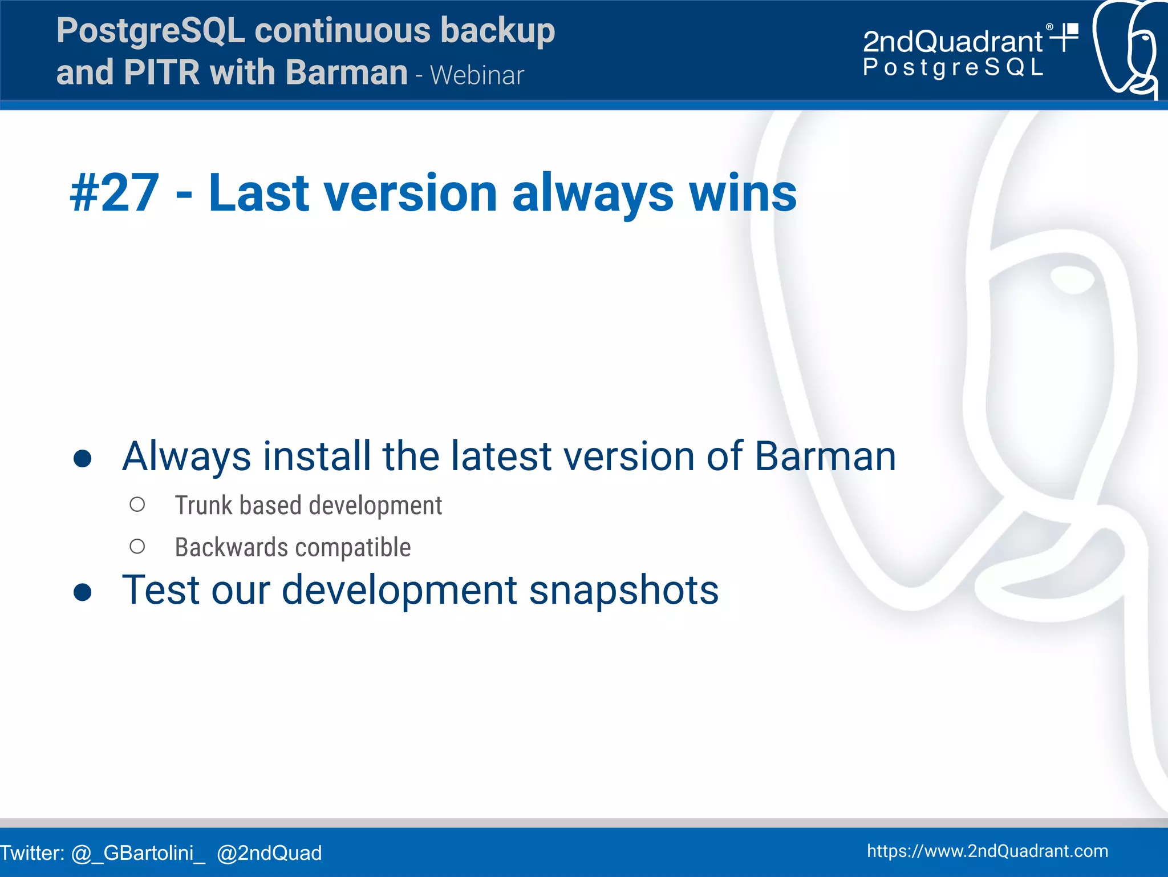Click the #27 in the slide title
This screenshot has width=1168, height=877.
pyautogui.click(x=114, y=194)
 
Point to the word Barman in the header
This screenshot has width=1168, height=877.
pyautogui.click(x=346, y=73)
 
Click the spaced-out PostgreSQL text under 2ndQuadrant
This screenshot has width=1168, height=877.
pyautogui.click(x=952, y=68)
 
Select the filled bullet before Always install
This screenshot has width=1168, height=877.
pyautogui.click(x=83, y=458)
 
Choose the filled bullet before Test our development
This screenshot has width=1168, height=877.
pyautogui.click(x=83, y=592)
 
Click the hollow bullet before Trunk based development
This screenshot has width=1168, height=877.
pyautogui.click(x=137, y=504)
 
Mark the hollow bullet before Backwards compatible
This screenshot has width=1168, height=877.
pyautogui.click(x=137, y=547)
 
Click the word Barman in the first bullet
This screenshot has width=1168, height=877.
pyautogui.click(x=825, y=456)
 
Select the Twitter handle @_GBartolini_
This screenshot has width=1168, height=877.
pyautogui.click(x=138, y=853)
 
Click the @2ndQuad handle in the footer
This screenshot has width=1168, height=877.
pyautogui.click(x=269, y=853)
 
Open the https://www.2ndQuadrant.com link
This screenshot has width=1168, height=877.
pyautogui.click(x=987, y=851)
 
